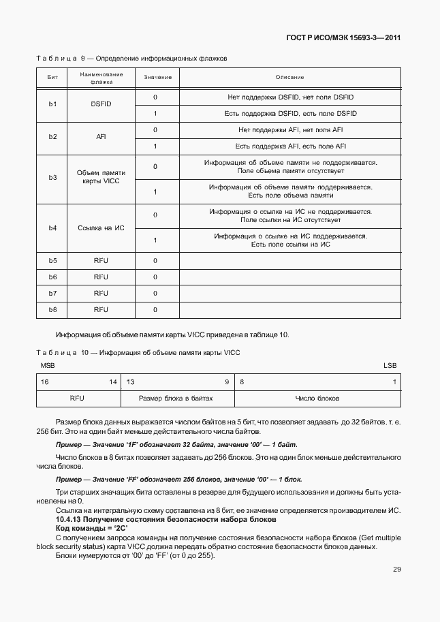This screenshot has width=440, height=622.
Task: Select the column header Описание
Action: pyautogui.click(x=289, y=78)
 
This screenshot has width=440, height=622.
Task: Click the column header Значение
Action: pyautogui.click(x=157, y=78)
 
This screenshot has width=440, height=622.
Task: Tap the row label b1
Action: pyautogui.click(x=52, y=105)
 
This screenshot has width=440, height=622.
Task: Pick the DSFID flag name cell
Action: pyautogui.click(x=101, y=105)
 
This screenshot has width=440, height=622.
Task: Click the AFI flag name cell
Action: pyautogui.click(x=101, y=138)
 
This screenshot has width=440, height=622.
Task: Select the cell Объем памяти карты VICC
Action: pyautogui.click(x=101, y=178)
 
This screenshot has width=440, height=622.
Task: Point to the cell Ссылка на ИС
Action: pyautogui.click(x=101, y=227)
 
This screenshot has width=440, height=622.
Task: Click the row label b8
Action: pyautogui.click(x=52, y=309)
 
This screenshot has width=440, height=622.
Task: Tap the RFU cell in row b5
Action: pyautogui.click(x=101, y=260)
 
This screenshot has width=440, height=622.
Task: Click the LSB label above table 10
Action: pyautogui.click(x=390, y=366)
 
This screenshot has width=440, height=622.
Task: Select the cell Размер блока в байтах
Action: pyautogui.click(x=176, y=398)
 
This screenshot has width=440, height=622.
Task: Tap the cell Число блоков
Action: pyautogui.click(x=317, y=398)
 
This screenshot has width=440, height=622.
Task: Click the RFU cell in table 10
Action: pyautogui.click(x=77, y=398)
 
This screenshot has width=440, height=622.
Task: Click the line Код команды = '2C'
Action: pyautogui.click(x=82, y=529)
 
